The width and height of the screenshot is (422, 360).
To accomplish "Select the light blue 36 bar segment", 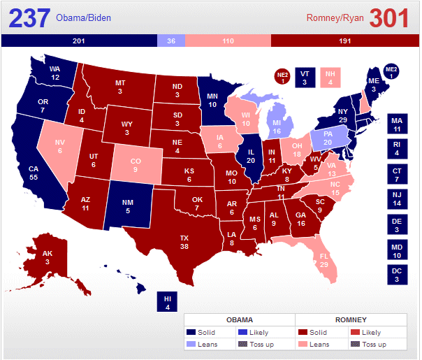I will pyautogui.click(x=171, y=41).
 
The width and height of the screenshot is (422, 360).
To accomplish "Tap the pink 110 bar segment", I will pyautogui.click(x=228, y=41).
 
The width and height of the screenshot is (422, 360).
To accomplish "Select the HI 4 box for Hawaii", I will pyautogui.click(x=167, y=301).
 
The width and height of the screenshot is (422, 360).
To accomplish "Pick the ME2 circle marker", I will pyautogui.click(x=391, y=71).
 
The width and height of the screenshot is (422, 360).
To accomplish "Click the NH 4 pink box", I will pyautogui.click(x=330, y=77).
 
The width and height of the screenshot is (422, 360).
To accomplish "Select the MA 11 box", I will pyautogui.click(x=397, y=124).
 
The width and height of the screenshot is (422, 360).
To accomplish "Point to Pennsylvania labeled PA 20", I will pyautogui.click(x=328, y=138).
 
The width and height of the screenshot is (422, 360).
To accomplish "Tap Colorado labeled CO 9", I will pyautogui.click(x=136, y=165).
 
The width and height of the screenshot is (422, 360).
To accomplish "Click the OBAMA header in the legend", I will pyautogui.click(x=239, y=319).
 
